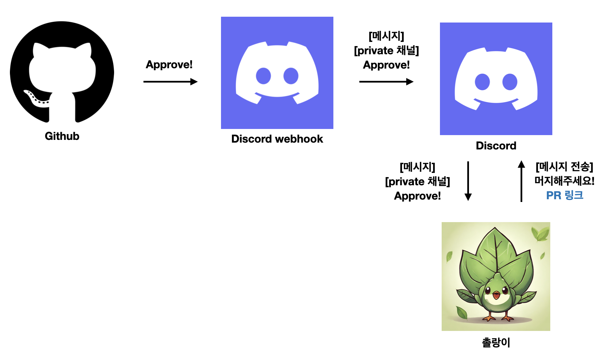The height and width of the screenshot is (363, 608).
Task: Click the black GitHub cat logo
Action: (62, 72)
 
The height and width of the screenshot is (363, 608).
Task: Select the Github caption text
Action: (62, 136)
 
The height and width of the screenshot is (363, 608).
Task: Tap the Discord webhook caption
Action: (277, 139)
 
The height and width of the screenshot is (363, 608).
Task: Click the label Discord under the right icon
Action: (496, 146)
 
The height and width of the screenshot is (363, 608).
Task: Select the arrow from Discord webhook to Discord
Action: (386, 82)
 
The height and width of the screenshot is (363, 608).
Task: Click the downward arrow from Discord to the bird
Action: (468, 181)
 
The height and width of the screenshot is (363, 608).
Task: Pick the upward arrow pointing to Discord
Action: (521, 181)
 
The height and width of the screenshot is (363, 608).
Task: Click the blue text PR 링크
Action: (565, 195)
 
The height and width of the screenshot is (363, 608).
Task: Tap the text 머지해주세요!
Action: (564, 181)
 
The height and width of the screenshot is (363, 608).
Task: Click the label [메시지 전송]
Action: (564, 166)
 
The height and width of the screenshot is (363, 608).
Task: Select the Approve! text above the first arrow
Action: (169, 64)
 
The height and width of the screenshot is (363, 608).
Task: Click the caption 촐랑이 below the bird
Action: (496, 342)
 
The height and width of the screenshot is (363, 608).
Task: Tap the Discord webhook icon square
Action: (277, 73)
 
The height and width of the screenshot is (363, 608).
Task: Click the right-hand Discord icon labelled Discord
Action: (496, 79)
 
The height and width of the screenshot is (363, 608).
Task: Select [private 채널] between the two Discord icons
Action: (386, 50)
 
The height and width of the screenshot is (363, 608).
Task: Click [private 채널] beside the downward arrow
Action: (417, 181)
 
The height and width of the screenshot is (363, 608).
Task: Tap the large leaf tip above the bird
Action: (495, 229)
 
